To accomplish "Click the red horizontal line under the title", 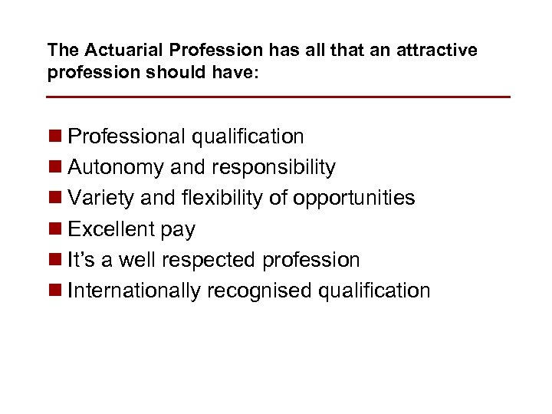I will [x=278, y=97].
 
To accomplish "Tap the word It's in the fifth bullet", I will [x=80, y=260].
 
